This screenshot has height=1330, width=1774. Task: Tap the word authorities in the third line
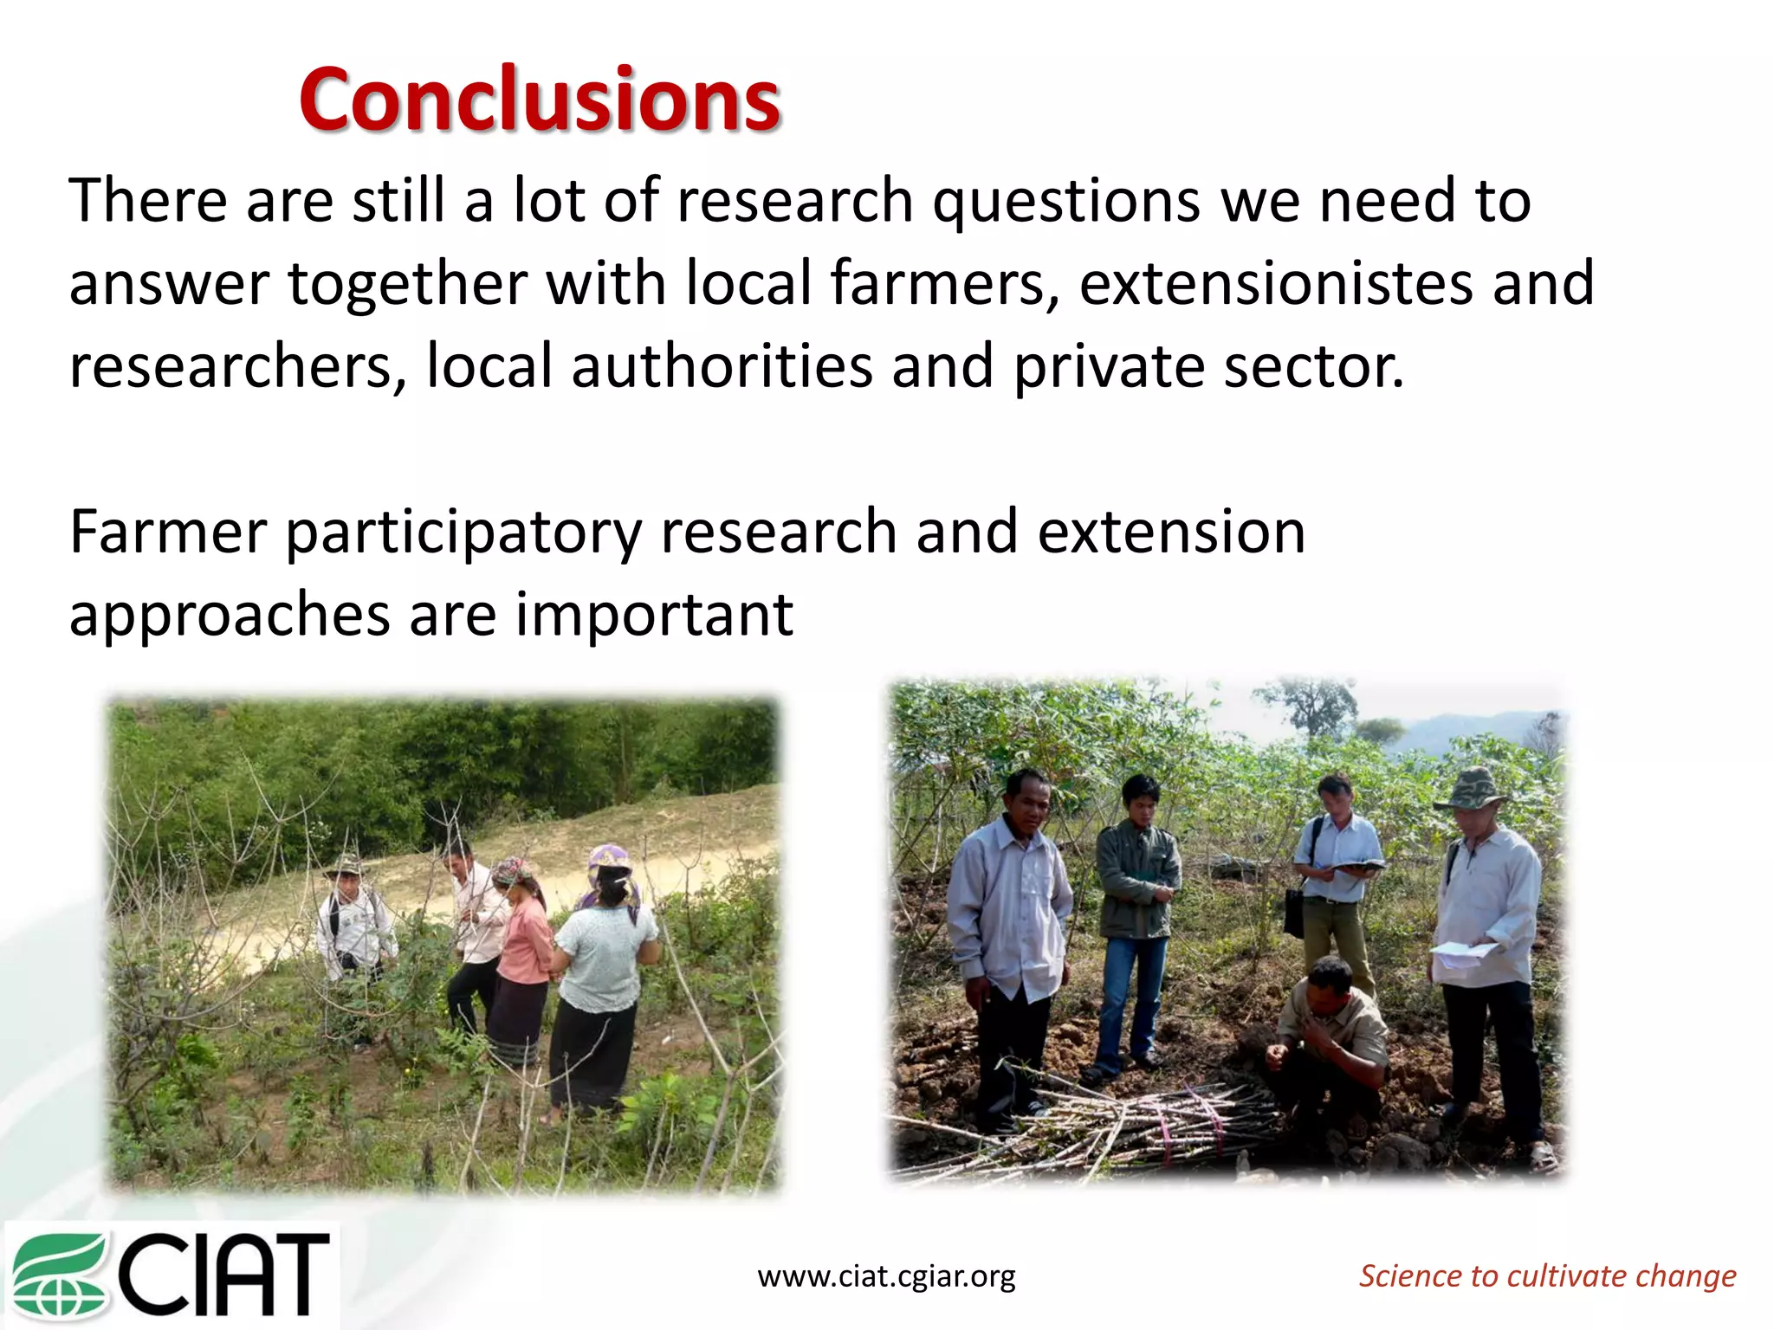point(721,366)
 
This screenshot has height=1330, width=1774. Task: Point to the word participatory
point(463,533)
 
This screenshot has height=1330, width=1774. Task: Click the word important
point(654,615)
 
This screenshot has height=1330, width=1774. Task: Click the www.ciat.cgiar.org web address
point(886,1275)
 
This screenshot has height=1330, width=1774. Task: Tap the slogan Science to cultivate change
point(1547,1275)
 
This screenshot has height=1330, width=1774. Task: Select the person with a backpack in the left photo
point(351,918)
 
